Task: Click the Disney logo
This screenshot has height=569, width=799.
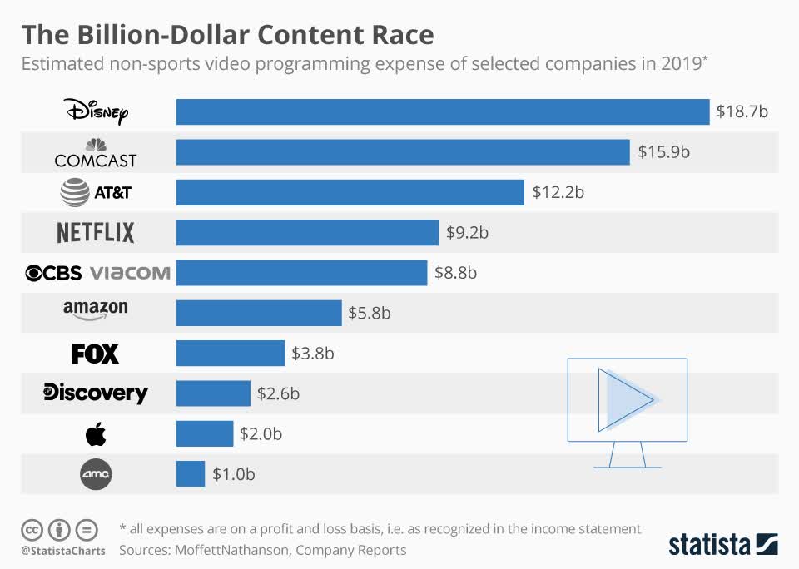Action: pyautogui.click(x=97, y=111)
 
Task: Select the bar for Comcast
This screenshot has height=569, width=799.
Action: pyautogui.click(x=403, y=152)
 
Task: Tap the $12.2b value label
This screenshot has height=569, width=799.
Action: pyautogui.click(x=558, y=193)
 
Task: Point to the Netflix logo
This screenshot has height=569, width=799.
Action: pyautogui.click(x=96, y=232)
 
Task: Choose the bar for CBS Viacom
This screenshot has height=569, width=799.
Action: pyautogui.click(x=301, y=273)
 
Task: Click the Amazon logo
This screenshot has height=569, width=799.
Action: pyautogui.click(x=96, y=310)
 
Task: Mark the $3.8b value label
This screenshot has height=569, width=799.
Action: pyautogui.click(x=313, y=354)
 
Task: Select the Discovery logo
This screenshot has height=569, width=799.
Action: pyautogui.click(x=96, y=393)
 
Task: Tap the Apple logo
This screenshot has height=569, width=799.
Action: pyautogui.click(x=96, y=433)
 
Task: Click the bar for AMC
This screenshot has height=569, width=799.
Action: pyautogui.click(x=191, y=474)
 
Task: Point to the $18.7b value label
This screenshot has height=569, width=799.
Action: pyautogui.click(x=742, y=111)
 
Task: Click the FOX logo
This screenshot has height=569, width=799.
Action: pyautogui.click(x=96, y=354)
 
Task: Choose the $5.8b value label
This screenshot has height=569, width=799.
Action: pyautogui.click(x=370, y=314)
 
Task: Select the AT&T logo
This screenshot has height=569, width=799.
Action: pyautogui.click(x=97, y=193)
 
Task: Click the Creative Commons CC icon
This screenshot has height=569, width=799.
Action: pyautogui.click(x=32, y=529)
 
